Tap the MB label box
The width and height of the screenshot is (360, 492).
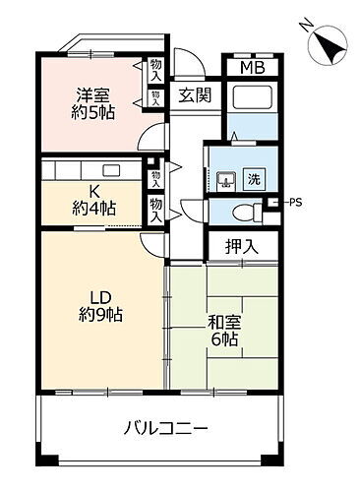[252, 68]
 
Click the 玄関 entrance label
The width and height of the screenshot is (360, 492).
[194, 95]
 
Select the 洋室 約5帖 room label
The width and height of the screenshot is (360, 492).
[94, 103]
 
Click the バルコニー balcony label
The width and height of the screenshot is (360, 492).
[165, 428]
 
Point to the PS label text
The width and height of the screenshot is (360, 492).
[293, 203]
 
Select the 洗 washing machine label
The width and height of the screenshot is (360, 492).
[254, 179]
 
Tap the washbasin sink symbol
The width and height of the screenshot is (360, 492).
[225, 180]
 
